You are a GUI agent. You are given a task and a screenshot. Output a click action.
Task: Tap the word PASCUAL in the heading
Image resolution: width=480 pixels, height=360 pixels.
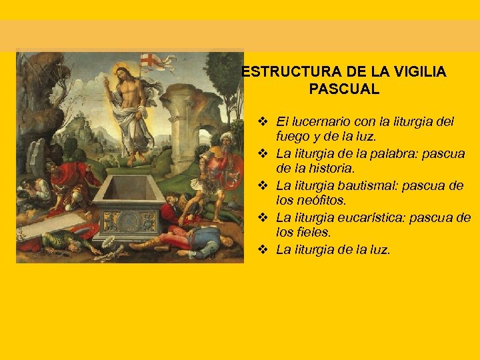tap(344, 88)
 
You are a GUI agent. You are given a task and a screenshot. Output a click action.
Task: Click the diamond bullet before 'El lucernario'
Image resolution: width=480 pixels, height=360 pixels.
tap(263, 122)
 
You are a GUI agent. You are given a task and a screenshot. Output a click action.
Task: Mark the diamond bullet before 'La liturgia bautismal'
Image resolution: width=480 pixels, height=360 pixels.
tap(263, 185)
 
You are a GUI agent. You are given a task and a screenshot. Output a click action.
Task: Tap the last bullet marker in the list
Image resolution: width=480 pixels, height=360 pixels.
tap(263, 249)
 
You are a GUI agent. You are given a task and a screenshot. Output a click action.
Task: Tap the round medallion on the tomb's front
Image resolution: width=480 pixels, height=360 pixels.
tap(128, 220)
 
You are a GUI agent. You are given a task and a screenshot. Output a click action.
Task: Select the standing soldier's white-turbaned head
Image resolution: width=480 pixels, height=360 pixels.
tap(227, 141)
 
